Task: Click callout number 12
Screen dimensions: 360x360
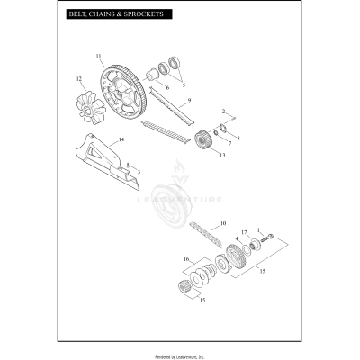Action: (x=79, y=79)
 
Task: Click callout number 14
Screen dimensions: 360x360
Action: (x=121, y=140)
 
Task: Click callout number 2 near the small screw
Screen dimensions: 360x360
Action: (x=223, y=111)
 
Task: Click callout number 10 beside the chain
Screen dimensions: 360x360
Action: (x=223, y=221)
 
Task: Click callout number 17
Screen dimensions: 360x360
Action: (x=244, y=233)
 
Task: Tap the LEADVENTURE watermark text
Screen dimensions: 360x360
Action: (x=190, y=201)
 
